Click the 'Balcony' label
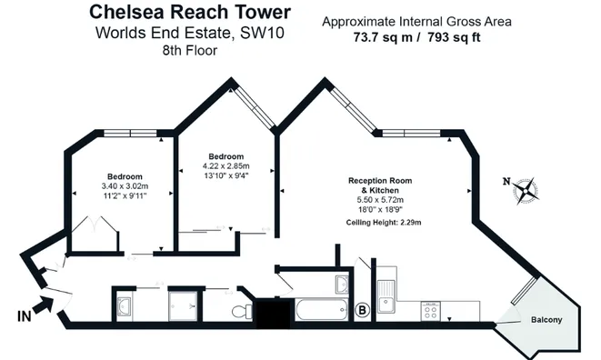546,319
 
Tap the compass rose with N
525,190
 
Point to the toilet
241,312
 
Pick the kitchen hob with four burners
431,311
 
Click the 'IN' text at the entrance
24,317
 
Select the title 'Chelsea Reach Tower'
191,13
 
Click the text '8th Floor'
190,50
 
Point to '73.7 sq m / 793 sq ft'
417,38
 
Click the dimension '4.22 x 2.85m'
225,166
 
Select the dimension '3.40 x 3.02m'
125,186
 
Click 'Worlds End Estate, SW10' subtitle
191,33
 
